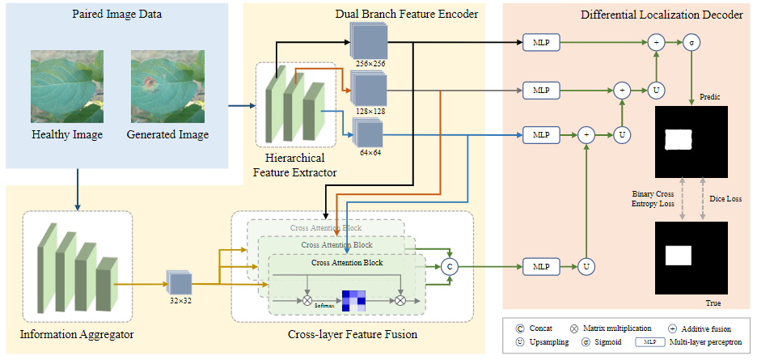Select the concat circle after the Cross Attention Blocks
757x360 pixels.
pyautogui.click(x=450, y=265)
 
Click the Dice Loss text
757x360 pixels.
pyautogui.click(x=725, y=197)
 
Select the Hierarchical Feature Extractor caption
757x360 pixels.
pyautogui.click(x=295, y=164)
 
